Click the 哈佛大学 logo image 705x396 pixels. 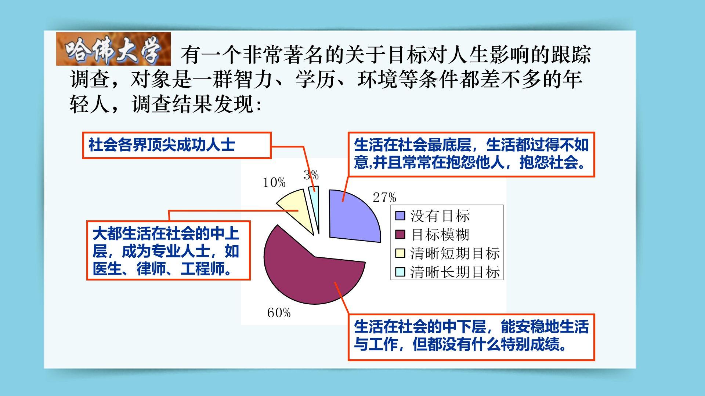(x=113, y=49)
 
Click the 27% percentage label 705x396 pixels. (x=384, y=198)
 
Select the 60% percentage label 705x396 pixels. (x=279, y=313)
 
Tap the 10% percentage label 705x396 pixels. (x=274, y=182)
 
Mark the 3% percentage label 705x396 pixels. (x=311, y=175)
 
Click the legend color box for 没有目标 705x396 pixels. (x=400, y=216)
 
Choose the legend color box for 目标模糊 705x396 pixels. (x=400, y=234)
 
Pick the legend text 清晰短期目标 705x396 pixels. (x=455, y=253)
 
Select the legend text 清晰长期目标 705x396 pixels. (x=455, y=272)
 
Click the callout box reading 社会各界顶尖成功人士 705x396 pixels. (x=177, y=145)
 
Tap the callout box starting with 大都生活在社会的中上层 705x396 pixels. (x=168, y=250)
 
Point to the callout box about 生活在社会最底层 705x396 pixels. (x=471, y=154)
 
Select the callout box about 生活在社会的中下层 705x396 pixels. (x=471, y=337)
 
